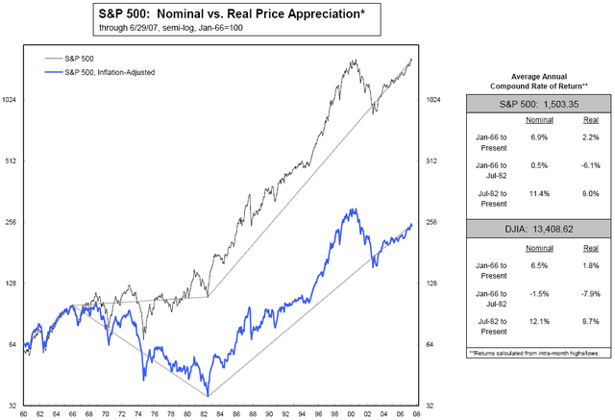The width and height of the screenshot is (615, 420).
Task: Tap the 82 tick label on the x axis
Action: click(x=208, y=411)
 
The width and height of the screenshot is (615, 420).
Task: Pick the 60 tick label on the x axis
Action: click(x=23, y=411)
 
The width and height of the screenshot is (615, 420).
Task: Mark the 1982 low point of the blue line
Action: click(x=208, y=395)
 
